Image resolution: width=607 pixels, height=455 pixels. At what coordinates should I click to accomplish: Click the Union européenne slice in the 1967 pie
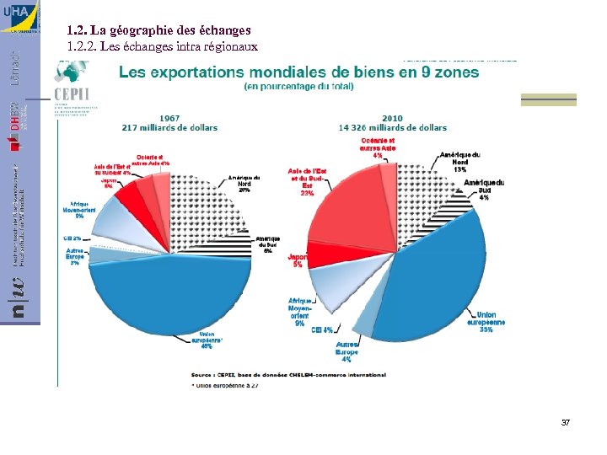point(169,295)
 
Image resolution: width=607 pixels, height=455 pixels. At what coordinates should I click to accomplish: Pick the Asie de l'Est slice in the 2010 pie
point(350,211)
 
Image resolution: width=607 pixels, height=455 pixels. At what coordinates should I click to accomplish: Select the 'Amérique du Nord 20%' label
point(244,184)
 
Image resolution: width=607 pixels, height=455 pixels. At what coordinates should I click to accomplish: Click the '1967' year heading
point(169,118)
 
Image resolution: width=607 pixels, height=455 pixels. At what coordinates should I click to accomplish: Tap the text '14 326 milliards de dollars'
point(392,127)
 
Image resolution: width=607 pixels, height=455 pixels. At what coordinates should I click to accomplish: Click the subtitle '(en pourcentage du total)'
point(298,86)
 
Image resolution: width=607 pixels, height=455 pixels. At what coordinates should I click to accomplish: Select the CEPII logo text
point(72,92)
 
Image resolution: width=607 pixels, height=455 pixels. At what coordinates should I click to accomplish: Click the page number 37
point(566,421)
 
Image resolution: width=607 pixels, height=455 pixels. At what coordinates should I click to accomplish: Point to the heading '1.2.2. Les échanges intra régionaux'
point(162,46)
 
